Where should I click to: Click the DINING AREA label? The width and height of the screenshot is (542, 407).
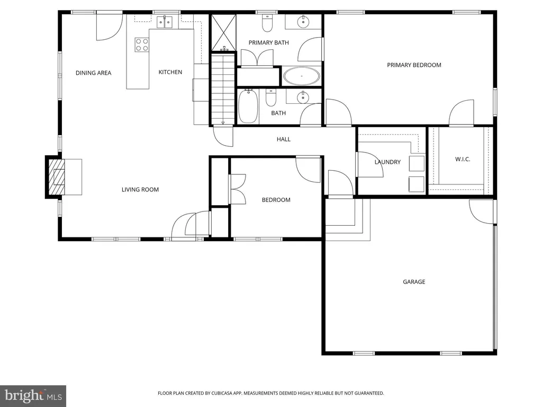tap(93, 73)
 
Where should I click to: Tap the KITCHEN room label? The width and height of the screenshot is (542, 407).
tap(170, 72)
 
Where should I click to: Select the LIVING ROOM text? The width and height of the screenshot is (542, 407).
tap(140, 189)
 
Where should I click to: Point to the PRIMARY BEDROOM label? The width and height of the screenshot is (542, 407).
tap(414, 65)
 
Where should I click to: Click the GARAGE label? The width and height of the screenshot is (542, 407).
tap(414, 282)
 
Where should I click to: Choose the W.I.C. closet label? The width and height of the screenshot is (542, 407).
tap(463, 159)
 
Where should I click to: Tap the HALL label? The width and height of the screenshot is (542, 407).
tap(284, 139)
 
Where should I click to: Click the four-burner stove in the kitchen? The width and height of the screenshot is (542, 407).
tap(142, 45)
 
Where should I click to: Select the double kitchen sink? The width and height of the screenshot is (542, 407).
tap(165, 22)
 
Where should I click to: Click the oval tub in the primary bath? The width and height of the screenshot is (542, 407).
tap(301, 76)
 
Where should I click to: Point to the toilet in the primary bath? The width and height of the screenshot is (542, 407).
tap(267, 23)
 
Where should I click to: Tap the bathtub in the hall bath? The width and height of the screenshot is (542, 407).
tap(248, 106)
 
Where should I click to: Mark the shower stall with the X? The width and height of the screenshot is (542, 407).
tap(223, 32)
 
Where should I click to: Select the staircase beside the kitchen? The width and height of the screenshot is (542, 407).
tap(223, 89)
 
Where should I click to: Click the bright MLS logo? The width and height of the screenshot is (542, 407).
tap(33, 396)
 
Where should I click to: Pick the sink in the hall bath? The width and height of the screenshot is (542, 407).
tap(303, 98)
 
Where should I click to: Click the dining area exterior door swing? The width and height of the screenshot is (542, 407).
tap(109, 26)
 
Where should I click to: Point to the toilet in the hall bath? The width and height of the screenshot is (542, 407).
tap(270, 98)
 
